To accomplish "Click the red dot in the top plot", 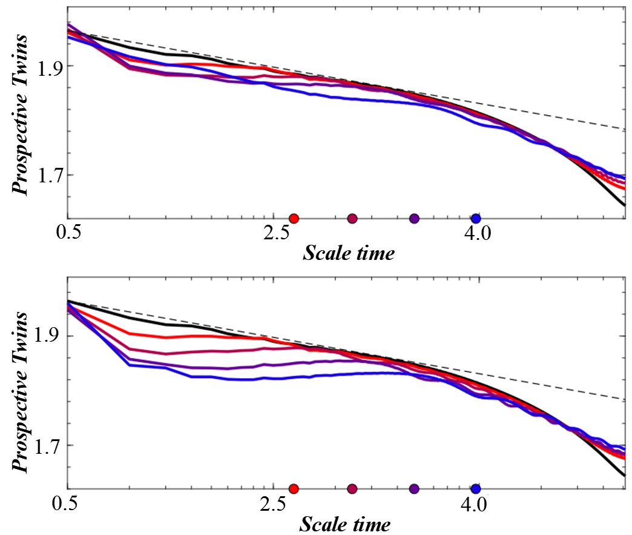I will click(x=294, y=218).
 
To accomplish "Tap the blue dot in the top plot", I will click(x=476, y=218).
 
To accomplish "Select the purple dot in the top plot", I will click(x=414, y=218).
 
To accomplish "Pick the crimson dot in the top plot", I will click(x=352, y=218).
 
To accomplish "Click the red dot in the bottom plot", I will click(x=294, y=488).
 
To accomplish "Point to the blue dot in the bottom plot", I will click(x=476, y=488).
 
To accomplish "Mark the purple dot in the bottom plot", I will click(x=414, y=488).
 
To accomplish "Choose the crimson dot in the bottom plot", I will click(x=352, y=488).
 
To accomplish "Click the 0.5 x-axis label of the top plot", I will click(x=68, y=233).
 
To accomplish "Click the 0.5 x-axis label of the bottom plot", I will click(x=68, y=503).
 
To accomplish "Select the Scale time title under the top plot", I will click(x=349, y=253).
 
